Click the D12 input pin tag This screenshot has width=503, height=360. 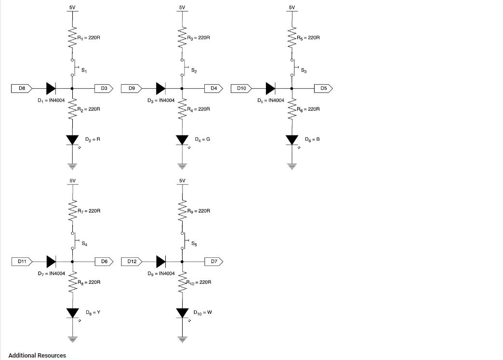(132, 262)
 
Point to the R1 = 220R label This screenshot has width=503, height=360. (89, 37)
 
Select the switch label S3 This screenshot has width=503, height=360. (304, 71)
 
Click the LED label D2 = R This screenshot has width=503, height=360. (93, 139)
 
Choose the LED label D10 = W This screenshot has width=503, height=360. (203, 313)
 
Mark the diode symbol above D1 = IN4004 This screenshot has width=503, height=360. (51, 88)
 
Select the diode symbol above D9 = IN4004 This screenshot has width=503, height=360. (161, 262)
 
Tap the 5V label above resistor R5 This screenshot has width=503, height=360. (291, 8)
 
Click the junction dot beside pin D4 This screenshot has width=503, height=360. (182, 88)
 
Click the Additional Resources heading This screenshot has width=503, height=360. (37, 356)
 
